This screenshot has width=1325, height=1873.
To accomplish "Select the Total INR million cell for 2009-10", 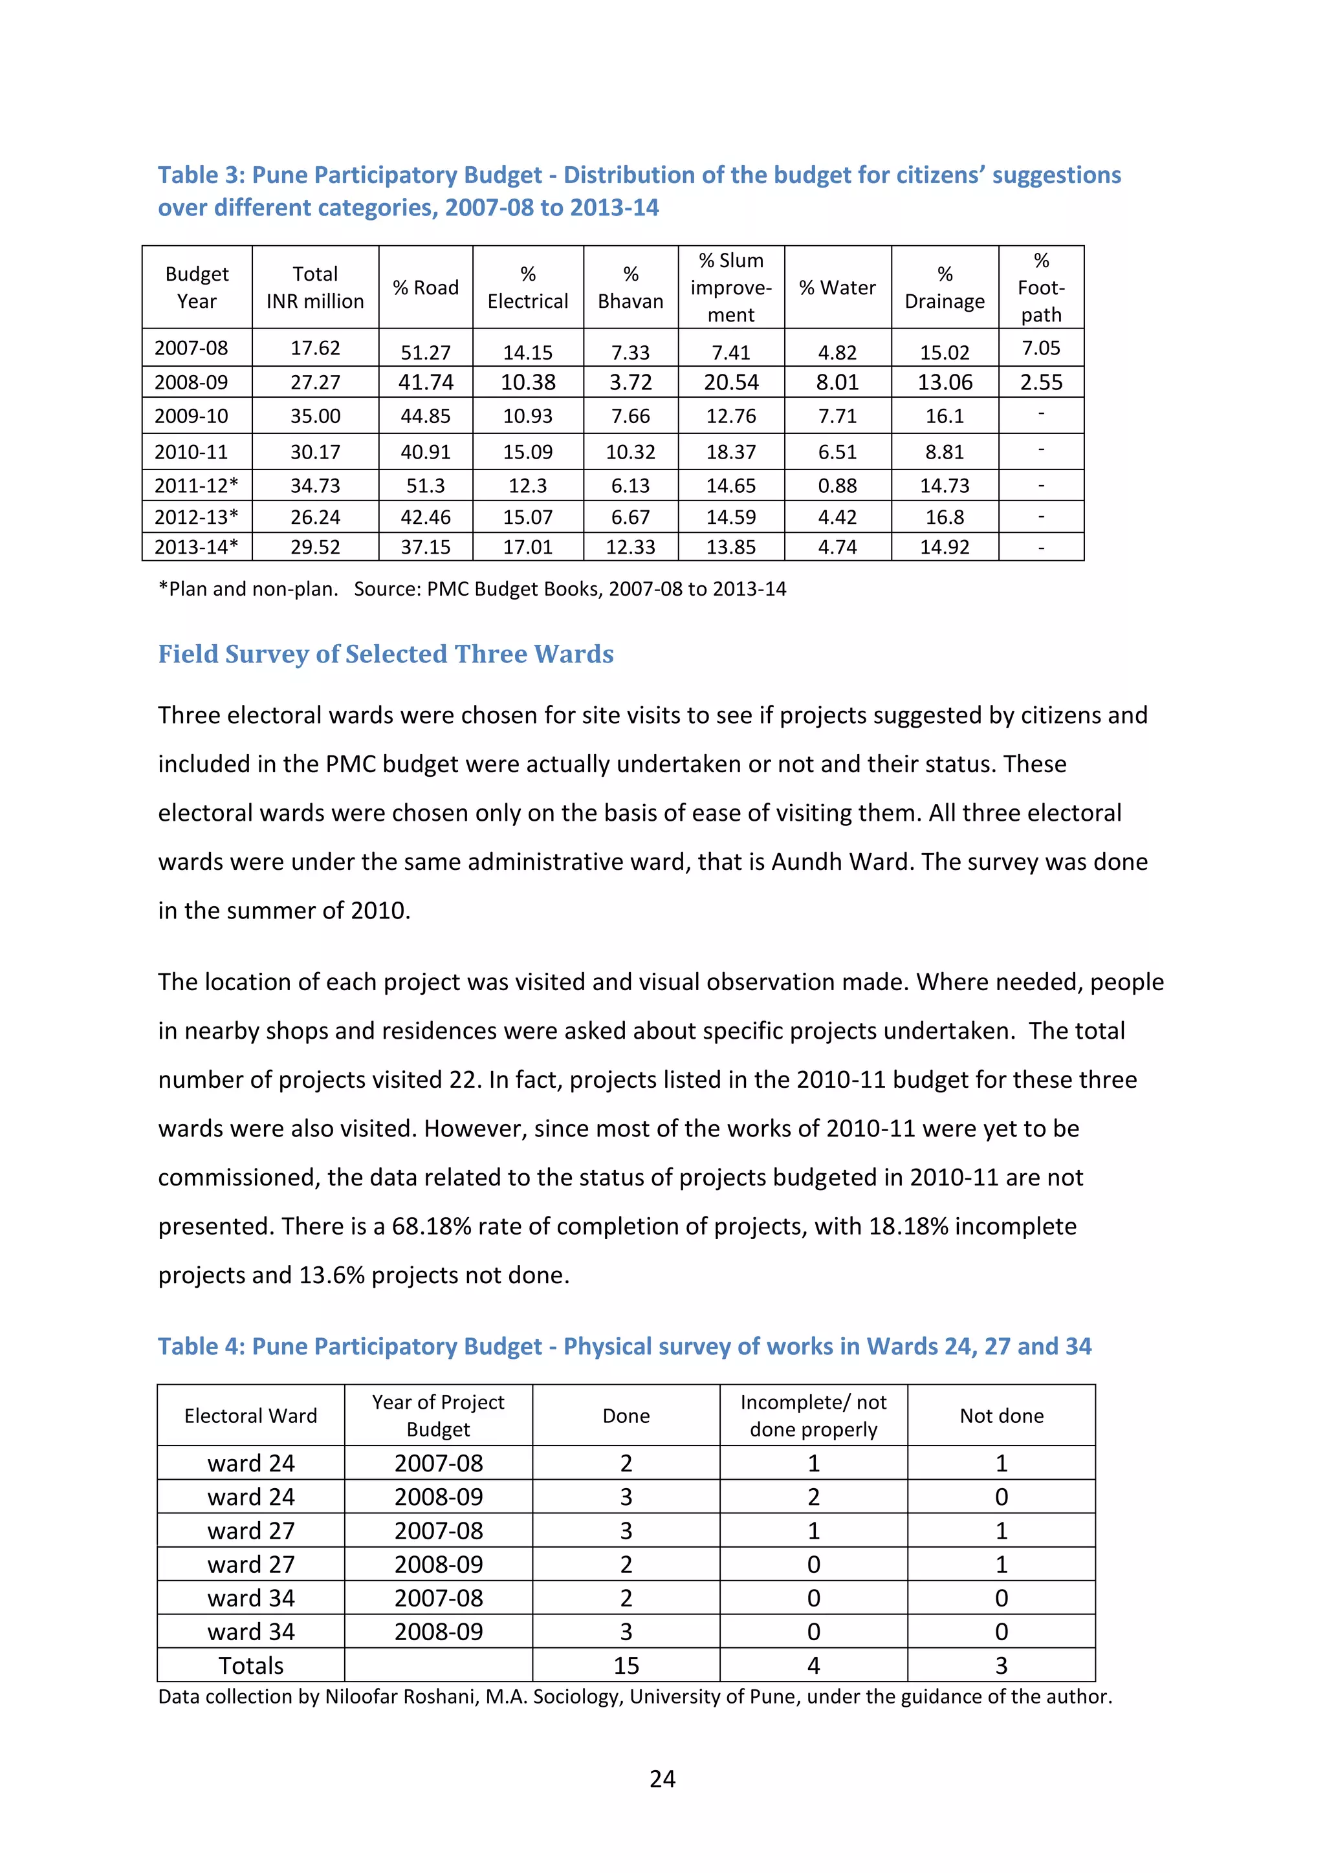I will pos(315,416).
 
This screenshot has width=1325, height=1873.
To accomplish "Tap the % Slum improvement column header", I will pos(731,287).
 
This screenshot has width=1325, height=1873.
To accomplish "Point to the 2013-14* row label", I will pos(196,547).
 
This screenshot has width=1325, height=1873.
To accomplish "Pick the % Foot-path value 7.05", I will pos(1041,349).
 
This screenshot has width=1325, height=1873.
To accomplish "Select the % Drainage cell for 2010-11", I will pos(944,452).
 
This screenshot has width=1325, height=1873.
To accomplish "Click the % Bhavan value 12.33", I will pos(630,547).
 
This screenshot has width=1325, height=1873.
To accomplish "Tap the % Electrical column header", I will pos(527,287).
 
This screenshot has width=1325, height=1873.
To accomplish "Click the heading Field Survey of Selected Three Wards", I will pos(385,655).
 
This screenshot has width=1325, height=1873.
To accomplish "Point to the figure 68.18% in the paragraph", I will pos(432,1226).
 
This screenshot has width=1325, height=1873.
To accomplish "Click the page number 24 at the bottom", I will pos(662,1779).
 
